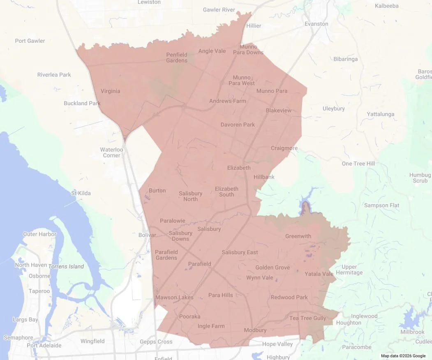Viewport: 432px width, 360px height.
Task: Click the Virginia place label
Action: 110,91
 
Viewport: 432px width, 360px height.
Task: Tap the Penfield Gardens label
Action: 177,58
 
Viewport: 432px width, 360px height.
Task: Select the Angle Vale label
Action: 212,51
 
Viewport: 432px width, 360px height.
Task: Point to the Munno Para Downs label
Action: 248,50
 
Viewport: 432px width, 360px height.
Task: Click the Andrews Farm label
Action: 228,101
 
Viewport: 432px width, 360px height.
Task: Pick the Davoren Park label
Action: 238,125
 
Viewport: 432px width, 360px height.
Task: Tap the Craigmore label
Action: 284,148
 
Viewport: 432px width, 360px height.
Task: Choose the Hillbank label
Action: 264,177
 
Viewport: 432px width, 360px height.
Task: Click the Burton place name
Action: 157,190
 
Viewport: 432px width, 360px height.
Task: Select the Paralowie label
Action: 173,221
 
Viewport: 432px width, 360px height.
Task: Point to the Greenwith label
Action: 298,236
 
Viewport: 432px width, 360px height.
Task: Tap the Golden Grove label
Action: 273,268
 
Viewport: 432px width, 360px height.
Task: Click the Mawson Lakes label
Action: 171,297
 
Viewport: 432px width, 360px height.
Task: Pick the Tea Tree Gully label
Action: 308,318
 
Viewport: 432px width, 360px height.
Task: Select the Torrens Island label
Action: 66,266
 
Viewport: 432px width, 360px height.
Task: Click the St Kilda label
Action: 81,193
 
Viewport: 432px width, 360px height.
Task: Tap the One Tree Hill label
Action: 358,164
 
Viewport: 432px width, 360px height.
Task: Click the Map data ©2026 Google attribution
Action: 403,356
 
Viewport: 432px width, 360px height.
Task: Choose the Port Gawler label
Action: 30,41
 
